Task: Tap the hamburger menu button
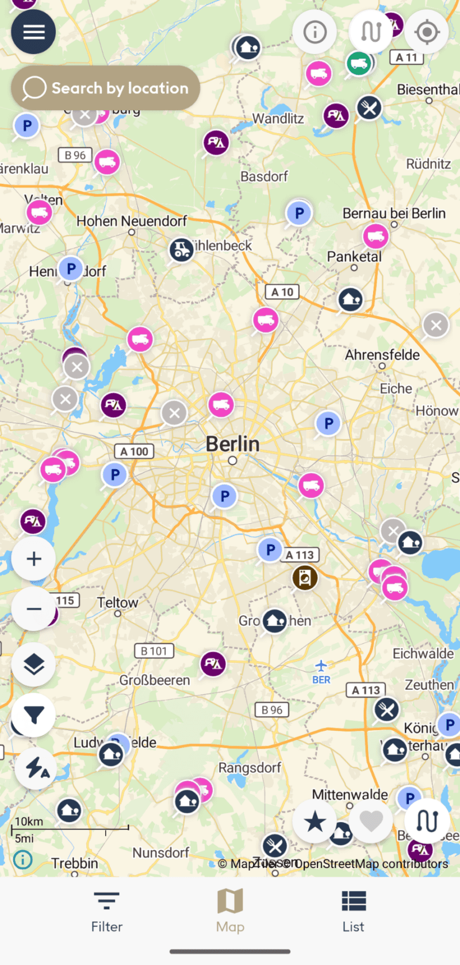point(33,32)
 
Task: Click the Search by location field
point(106,88)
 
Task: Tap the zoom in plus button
point(34,559)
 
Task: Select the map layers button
point(34,665)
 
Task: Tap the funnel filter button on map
point(34,715)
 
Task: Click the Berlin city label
point(233,444)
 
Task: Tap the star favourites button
point(315,821)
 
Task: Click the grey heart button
point(371,821)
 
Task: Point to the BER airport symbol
point(321,666)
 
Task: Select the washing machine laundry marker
point(305,577)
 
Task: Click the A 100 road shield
point(134,451)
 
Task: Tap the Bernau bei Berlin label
point(394,214)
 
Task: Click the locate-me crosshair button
point(427,32)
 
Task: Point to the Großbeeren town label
point(155,680)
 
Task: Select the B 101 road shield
point(154,651)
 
